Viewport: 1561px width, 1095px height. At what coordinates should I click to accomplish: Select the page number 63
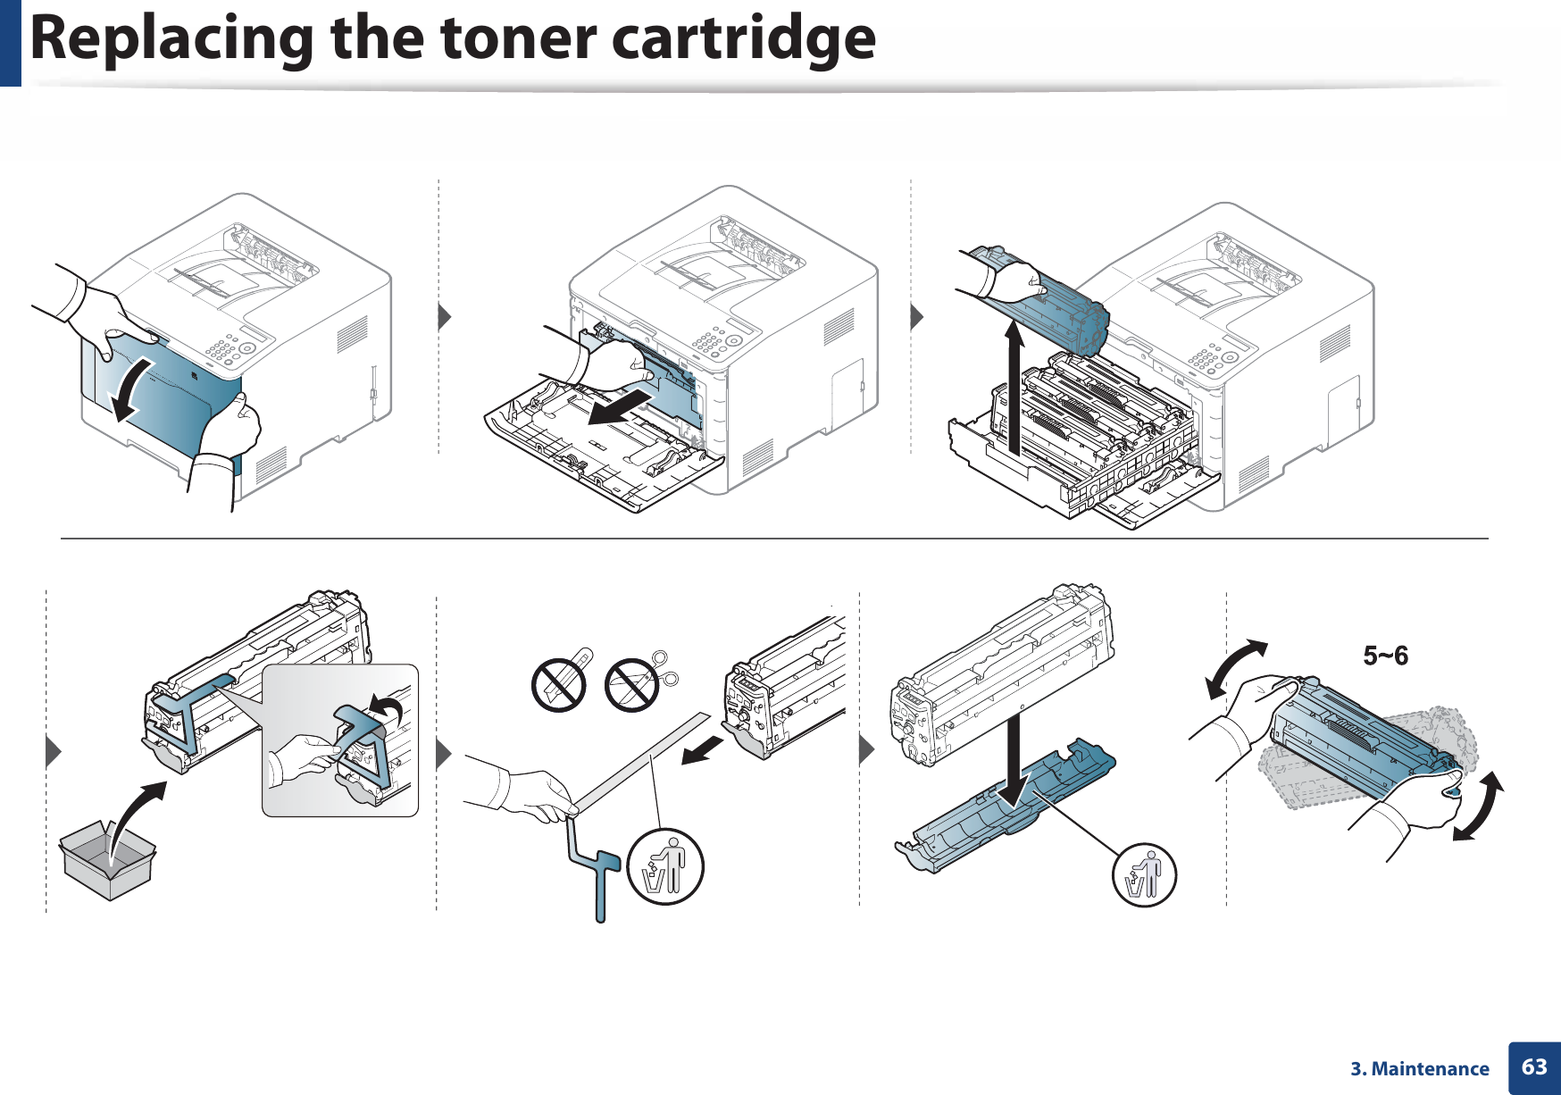coord(1534,1066)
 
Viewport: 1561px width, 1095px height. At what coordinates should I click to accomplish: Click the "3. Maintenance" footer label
coord(1419,1068)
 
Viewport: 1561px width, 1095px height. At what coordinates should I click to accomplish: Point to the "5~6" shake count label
coord(1385,656)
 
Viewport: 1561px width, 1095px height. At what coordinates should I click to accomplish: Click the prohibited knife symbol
coord(558,685)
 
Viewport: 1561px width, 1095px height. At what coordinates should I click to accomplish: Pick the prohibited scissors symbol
coord(632,685)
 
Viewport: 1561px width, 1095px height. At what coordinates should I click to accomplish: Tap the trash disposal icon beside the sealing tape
coord(665,866)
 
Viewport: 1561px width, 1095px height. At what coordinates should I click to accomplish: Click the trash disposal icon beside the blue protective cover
coord(1144,874)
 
